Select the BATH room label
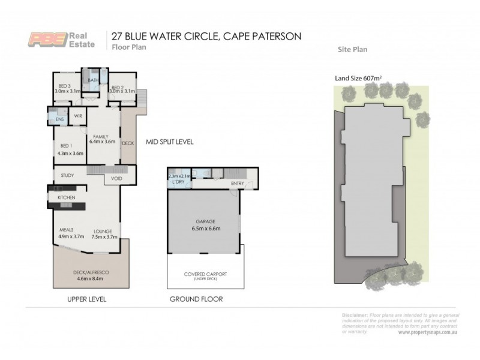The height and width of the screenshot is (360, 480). (x=94, y=80)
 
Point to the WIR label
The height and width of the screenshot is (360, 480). (x=78, y=116)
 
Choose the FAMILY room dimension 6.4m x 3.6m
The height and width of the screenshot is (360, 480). (x=101, y=143)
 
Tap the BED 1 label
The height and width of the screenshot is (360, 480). (x=67, y=146)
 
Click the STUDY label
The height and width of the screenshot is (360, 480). (x=67, y=175)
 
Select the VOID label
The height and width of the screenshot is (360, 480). (x=116, y=178)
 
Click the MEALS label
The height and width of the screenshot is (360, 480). (x=66, y=230)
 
